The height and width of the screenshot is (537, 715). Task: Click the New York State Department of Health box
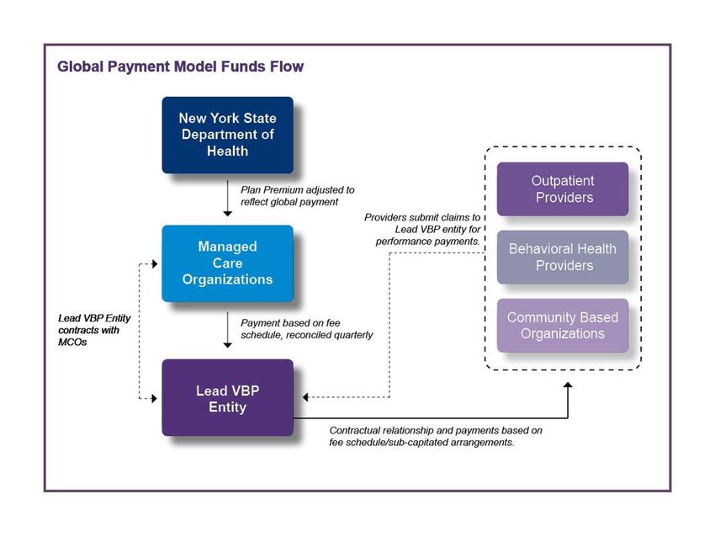(228, 135)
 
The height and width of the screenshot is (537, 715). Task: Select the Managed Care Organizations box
(228, 263)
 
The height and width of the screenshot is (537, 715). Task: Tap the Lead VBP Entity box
(228, 397)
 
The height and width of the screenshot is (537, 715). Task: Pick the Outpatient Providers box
(563, 189)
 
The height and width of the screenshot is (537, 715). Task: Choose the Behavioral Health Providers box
(563, 258)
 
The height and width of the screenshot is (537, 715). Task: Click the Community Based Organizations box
(563, 325)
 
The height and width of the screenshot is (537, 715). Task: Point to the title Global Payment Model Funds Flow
(181, 66)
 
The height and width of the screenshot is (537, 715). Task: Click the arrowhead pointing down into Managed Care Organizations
(228, 213)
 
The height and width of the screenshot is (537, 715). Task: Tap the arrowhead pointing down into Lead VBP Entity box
(228, 345)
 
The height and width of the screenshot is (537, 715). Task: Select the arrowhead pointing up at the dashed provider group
(568, 385)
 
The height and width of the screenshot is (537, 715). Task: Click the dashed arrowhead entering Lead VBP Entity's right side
(305, 397)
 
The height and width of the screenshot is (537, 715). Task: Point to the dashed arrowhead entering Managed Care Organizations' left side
(155, 263)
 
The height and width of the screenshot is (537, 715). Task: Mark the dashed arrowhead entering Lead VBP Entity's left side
(155, 398)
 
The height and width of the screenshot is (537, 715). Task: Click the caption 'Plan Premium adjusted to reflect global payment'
(297, 196)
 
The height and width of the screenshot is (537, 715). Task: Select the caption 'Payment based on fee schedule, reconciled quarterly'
(306, 329)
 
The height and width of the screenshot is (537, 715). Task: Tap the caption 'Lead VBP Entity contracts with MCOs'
(94, 330)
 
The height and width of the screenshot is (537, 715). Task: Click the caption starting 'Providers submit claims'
(422, 230)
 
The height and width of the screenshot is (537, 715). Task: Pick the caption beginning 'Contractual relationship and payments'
(436, 436)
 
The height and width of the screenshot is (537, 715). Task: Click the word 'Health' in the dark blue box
(228, 151)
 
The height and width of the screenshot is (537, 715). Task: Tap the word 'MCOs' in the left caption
(72, 342)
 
